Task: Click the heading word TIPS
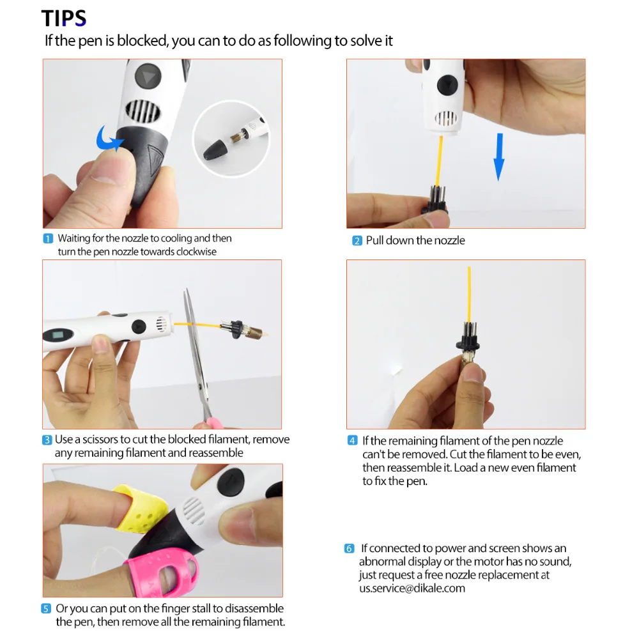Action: pos(63,19)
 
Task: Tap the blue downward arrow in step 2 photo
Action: pos(499,157)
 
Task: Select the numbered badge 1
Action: pos(48,238)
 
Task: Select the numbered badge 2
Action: pos(357,241)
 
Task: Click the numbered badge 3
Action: pos(47,440)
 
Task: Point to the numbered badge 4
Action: pos(353,440)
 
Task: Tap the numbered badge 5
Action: pos(46,609)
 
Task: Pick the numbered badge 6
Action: pos(350,548)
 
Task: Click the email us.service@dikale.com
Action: pos(412,589)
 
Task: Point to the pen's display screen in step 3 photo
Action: pos(58,335)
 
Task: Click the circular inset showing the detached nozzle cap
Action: pos(231,139)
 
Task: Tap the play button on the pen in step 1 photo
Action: pos(148,76)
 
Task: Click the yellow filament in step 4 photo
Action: pos(469,294)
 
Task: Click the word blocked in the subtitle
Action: pos(142,41)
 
